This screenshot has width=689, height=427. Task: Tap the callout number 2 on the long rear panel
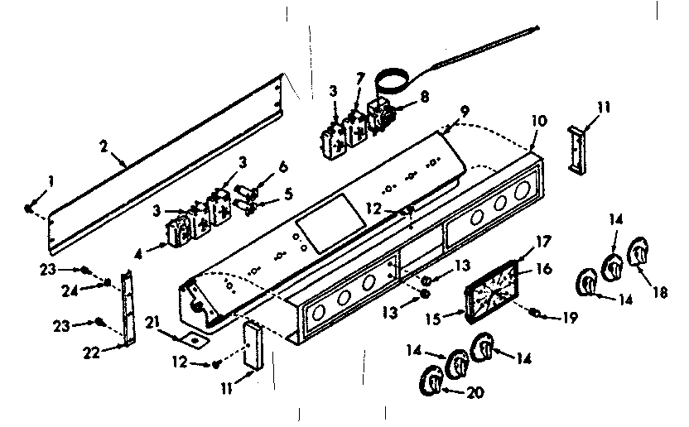tap(103, 146)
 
